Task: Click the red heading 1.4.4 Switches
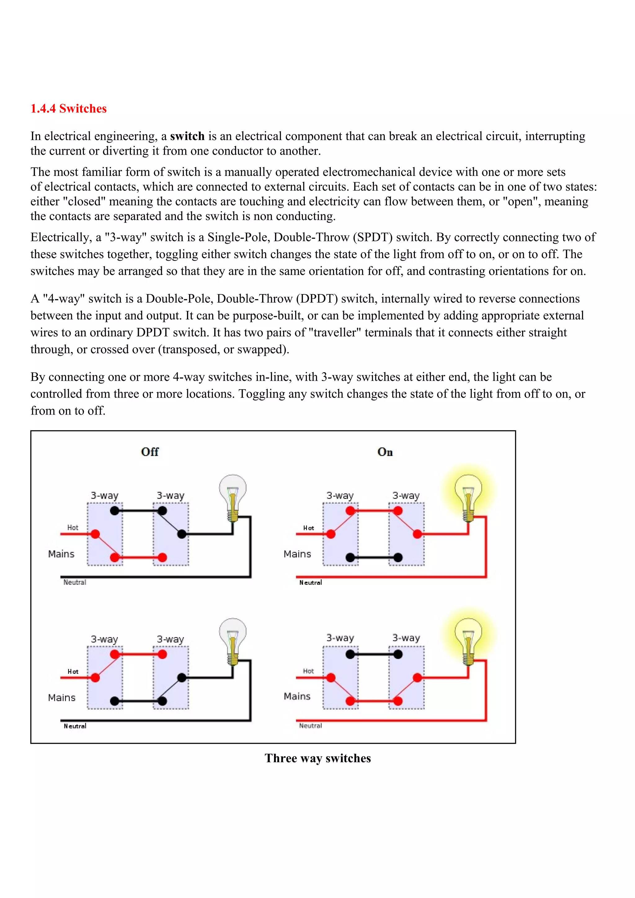69,109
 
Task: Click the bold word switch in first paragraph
187,136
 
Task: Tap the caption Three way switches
317,758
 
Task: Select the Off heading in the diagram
149,452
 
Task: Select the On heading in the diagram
385,452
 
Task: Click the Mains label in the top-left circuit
61,554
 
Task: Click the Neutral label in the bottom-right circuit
310,725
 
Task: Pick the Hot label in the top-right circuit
308,528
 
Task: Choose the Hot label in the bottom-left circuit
73,671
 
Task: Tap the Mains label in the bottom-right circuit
297,696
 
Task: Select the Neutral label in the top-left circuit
75,582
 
